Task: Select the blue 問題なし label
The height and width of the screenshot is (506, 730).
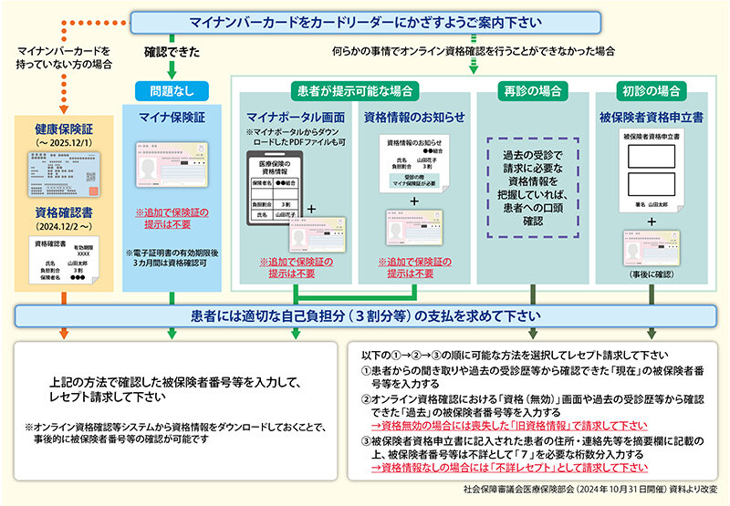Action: click(172, 91)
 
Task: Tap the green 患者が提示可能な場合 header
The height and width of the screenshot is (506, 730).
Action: click(356, 91)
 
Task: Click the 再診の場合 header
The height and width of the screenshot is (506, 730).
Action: click(533, 91)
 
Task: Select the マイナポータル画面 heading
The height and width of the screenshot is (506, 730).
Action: click(295, 117)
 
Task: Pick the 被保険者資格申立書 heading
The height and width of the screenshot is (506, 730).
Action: click(651, 117)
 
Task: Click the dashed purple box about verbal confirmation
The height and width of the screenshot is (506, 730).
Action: click(533, 188)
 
